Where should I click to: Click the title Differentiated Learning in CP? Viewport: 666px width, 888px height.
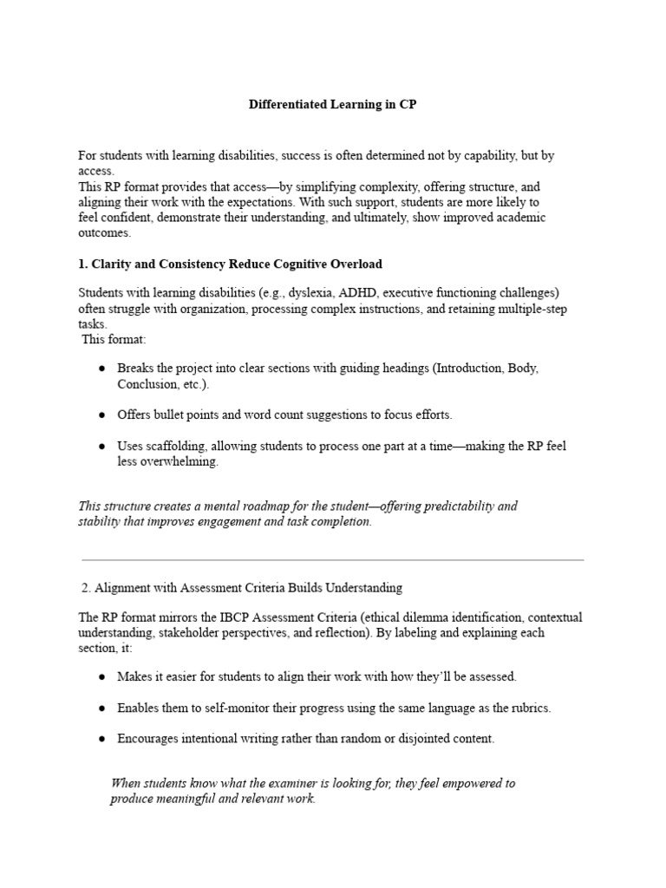click(x=333, y=105)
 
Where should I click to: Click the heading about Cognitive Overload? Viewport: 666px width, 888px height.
click(x=230, y=263)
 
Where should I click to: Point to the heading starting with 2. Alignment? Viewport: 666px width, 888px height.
click(x=241, y=588)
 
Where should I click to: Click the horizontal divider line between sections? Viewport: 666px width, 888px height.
click(x=333, y=559)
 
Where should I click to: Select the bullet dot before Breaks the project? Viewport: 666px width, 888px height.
click(x=102, y=369)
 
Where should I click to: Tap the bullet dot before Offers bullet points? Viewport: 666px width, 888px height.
click(x=102, y=415)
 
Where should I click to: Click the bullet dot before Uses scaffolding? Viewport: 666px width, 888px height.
click(x=102, y=446)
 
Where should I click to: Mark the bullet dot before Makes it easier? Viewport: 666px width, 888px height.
click(x=102, y=676)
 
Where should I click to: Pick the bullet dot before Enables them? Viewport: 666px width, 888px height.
click(x=102, y=708)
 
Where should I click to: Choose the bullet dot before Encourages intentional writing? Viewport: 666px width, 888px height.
click(x=102, y=739)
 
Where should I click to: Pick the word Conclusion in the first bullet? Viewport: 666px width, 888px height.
click(x=147, y=383)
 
